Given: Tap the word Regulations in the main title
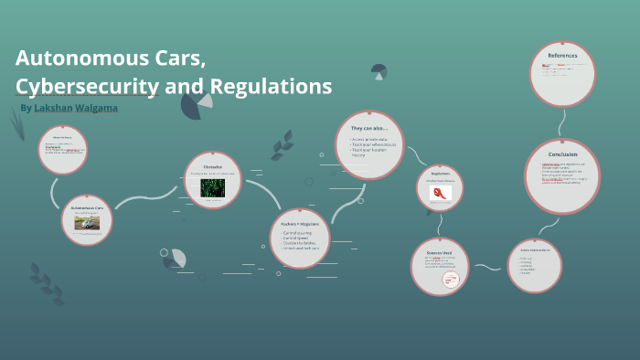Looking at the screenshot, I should coord(271,88).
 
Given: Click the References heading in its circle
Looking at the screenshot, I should coord(562,56).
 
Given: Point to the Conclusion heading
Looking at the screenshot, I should coord(562,154).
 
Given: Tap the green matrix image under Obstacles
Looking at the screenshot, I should coord(213,187).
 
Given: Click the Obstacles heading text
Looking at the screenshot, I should coord(213,167).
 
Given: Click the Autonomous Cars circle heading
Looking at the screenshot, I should coord(87,208).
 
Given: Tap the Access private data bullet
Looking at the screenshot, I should coord(369,139).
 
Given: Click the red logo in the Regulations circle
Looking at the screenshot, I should coord(440,194).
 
